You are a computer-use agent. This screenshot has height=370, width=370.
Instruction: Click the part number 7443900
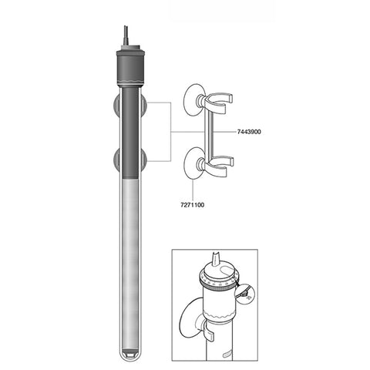tap(245, 133)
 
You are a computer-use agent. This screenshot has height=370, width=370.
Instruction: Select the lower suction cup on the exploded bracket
tap(190, 166)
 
